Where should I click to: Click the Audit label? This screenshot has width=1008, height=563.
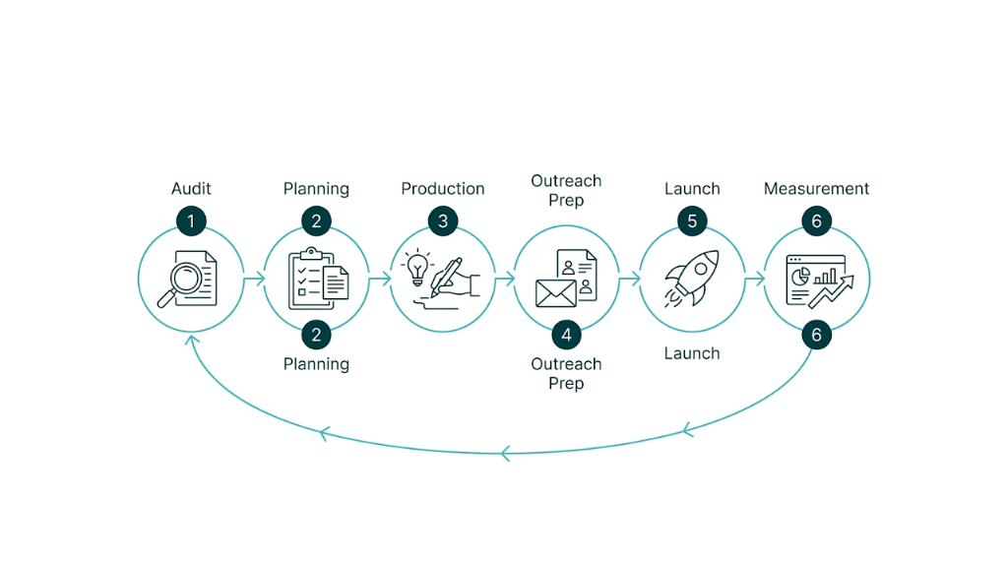pos(191,189)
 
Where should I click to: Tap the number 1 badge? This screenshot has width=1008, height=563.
pos(191,221)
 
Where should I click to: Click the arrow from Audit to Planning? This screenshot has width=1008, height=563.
pos(254,280)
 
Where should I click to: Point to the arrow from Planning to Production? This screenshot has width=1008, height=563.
pos(379,280)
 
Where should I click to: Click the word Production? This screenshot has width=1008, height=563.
pos(442,189)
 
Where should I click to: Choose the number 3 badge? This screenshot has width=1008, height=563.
pos(442,221)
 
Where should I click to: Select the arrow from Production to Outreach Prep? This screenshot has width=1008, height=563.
pos(504,280)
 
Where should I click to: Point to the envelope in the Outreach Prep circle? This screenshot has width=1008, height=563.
pos(555,292)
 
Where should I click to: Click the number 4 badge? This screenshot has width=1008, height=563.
pos(566,335)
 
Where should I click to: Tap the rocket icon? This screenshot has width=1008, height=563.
pos(692,278)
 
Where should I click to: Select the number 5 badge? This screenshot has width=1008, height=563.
pos(692,221)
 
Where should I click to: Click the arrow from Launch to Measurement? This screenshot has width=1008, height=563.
pos(755,280)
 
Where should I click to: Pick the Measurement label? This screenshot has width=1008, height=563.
pos(816,189)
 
